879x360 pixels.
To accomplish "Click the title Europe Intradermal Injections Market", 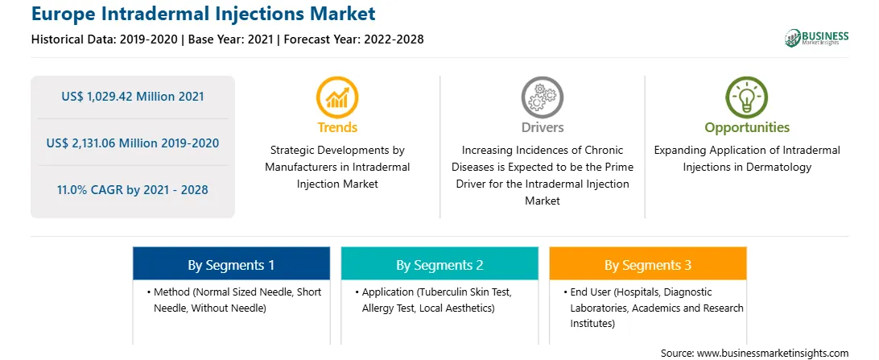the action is coord(204,14).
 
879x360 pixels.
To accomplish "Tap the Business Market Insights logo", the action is coord(817,38).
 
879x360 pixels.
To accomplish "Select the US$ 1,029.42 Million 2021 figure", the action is coord(133,97).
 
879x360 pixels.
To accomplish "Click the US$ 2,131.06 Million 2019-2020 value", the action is coord(133,143).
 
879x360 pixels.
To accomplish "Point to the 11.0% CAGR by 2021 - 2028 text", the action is coord(133,189).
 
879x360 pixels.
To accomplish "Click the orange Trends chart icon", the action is coord(337,97).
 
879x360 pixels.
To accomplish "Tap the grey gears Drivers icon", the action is coord(542,97).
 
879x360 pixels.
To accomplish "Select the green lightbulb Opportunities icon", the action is coord(747,97).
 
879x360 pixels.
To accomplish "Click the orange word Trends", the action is coord(337,127).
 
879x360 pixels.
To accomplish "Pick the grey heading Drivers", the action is coord(542,127).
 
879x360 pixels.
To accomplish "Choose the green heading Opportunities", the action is coord(747,128).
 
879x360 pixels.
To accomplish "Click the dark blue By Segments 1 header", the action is coord(231,264).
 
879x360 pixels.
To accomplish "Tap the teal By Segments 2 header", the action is coord(439,264).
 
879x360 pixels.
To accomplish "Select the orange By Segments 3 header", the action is coord(648,264).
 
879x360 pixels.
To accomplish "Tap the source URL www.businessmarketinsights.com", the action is coord(773,353).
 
